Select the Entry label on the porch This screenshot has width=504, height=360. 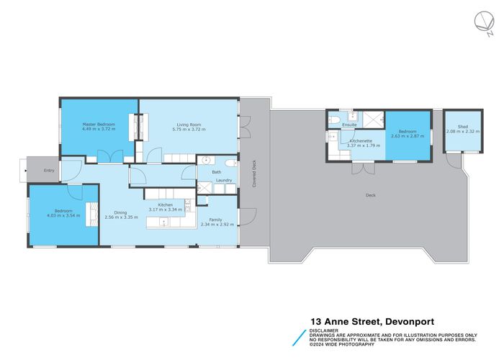point(49,171)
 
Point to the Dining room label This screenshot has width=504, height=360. point(115,212)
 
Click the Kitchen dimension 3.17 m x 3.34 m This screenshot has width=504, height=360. point(162,210)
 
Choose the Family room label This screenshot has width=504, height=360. point(215,218)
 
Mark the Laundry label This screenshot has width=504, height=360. point(224,180)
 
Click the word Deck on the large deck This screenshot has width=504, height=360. point(369,195)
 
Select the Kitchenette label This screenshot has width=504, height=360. point(360,140)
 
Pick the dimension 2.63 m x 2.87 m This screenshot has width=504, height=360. point(408,135)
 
